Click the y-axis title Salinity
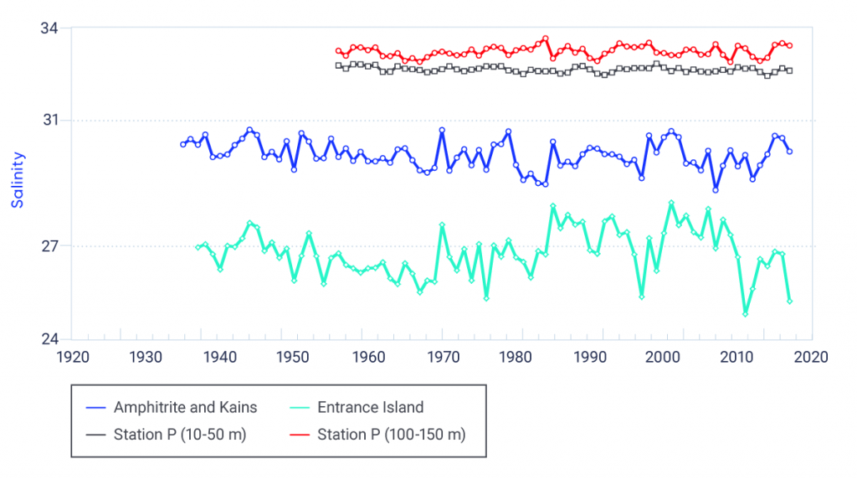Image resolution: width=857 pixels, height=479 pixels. coord(18,180)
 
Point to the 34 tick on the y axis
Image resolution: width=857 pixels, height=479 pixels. coord(49,28)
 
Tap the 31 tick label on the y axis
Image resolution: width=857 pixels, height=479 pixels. coord(49,121)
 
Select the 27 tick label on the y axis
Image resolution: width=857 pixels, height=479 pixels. coord(49,246)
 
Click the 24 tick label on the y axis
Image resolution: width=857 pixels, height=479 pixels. coord(49,339)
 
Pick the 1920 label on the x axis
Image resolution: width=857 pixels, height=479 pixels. coord(72,357)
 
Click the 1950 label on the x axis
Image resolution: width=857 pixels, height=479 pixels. coord(294,357)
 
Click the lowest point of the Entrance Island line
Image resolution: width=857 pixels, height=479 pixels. coord(745,314)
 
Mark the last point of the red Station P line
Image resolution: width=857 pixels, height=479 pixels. coord(789,45)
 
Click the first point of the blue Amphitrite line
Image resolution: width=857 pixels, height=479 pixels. coord(182,145)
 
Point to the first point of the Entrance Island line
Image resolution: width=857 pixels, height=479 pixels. coord(198,247)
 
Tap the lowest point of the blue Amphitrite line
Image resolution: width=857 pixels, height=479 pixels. coord(716,190)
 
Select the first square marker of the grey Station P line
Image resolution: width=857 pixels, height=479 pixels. coord(338,65)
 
